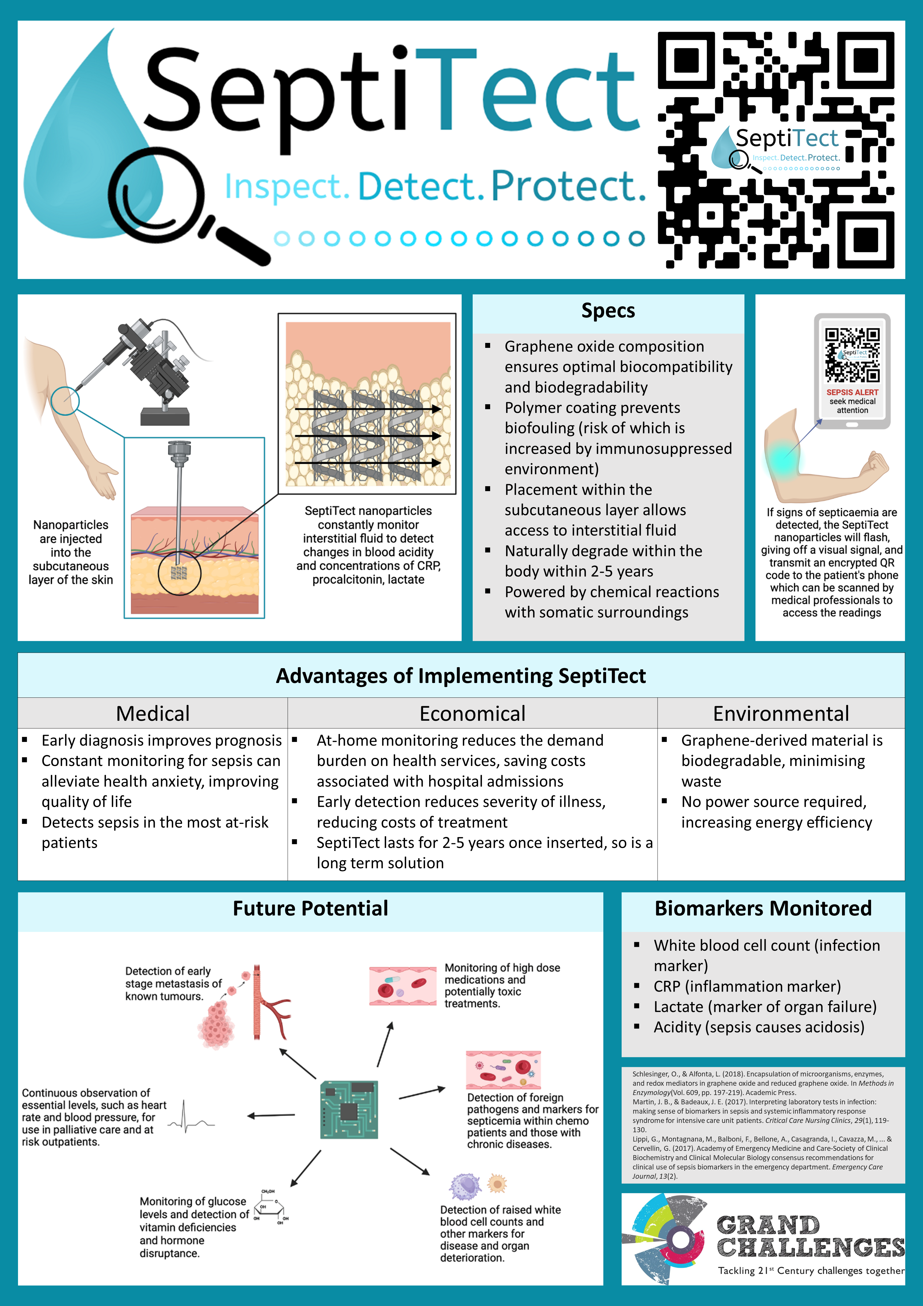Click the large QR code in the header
(776, 150)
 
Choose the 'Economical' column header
(472, 713)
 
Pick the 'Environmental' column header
(781, 713)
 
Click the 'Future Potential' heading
(310, 908)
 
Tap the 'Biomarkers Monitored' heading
(763, 908)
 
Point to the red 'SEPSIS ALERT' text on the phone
(852, 392)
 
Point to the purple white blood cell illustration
(466, 1186)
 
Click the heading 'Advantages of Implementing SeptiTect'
(461, 676)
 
